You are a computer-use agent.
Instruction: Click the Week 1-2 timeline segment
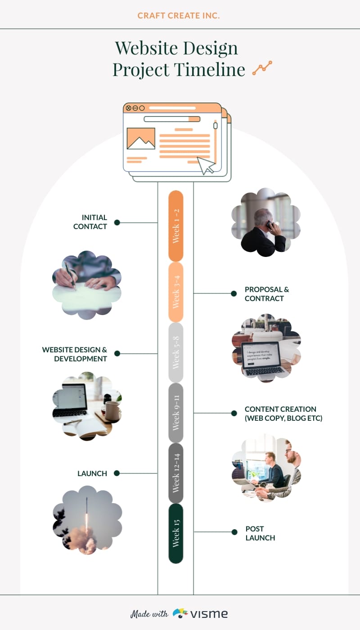click(x=175, y=226)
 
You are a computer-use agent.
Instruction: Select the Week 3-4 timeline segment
click(x=175, y=292)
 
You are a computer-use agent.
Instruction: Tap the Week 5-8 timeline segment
click(x=175, y=352)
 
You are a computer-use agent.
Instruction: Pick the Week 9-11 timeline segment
click(x=175, y=412)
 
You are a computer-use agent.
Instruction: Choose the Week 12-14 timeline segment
click(x=175, y=473)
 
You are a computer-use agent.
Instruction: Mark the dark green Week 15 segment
click(x=175, y=533)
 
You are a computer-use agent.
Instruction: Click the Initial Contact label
click(x=90, y=222)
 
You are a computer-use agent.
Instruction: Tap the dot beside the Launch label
click(x=117, y=473)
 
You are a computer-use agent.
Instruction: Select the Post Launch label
click(x=260, y=533)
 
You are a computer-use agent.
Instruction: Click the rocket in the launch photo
click(x=87, y=513)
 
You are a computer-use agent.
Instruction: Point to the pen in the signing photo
click(x=70, y=274)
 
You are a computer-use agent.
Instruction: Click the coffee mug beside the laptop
click(x=112, y=410)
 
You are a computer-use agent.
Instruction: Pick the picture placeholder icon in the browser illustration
click(x=141, y=139)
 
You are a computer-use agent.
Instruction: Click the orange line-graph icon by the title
click(x=262, y=68)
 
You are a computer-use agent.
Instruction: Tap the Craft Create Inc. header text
click(x=179, y=16)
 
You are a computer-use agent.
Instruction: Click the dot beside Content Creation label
click(x=234, y=413)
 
